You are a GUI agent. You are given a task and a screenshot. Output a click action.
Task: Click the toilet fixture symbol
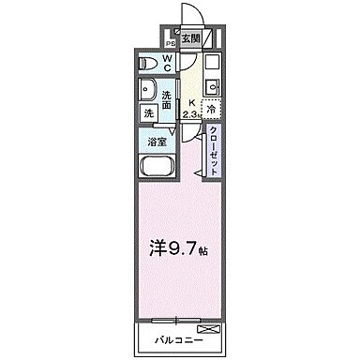[x=147, y=64]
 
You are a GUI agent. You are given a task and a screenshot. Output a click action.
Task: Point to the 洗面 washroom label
[x=167, y=99]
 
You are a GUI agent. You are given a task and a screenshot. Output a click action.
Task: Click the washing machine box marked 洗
[x=149, y=113]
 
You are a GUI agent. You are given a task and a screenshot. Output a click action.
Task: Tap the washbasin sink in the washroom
[x=148, y=92]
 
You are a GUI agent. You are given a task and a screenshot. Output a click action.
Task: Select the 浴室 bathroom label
[x=157, y=142]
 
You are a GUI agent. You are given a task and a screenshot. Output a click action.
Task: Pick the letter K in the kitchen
[x=191, y=104]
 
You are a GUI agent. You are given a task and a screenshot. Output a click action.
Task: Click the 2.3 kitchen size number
[x=192, y=114]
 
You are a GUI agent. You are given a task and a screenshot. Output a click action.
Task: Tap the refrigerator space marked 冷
[x=213, y=110]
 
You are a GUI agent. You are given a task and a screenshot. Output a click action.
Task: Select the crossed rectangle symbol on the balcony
[x=208, y=331]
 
